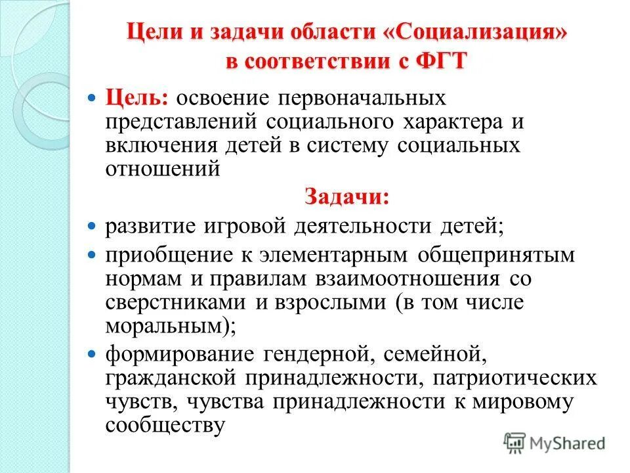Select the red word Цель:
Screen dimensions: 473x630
tap(138, 99)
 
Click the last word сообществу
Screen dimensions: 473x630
tap(165, 426)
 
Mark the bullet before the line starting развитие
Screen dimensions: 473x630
tap(92, 225)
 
